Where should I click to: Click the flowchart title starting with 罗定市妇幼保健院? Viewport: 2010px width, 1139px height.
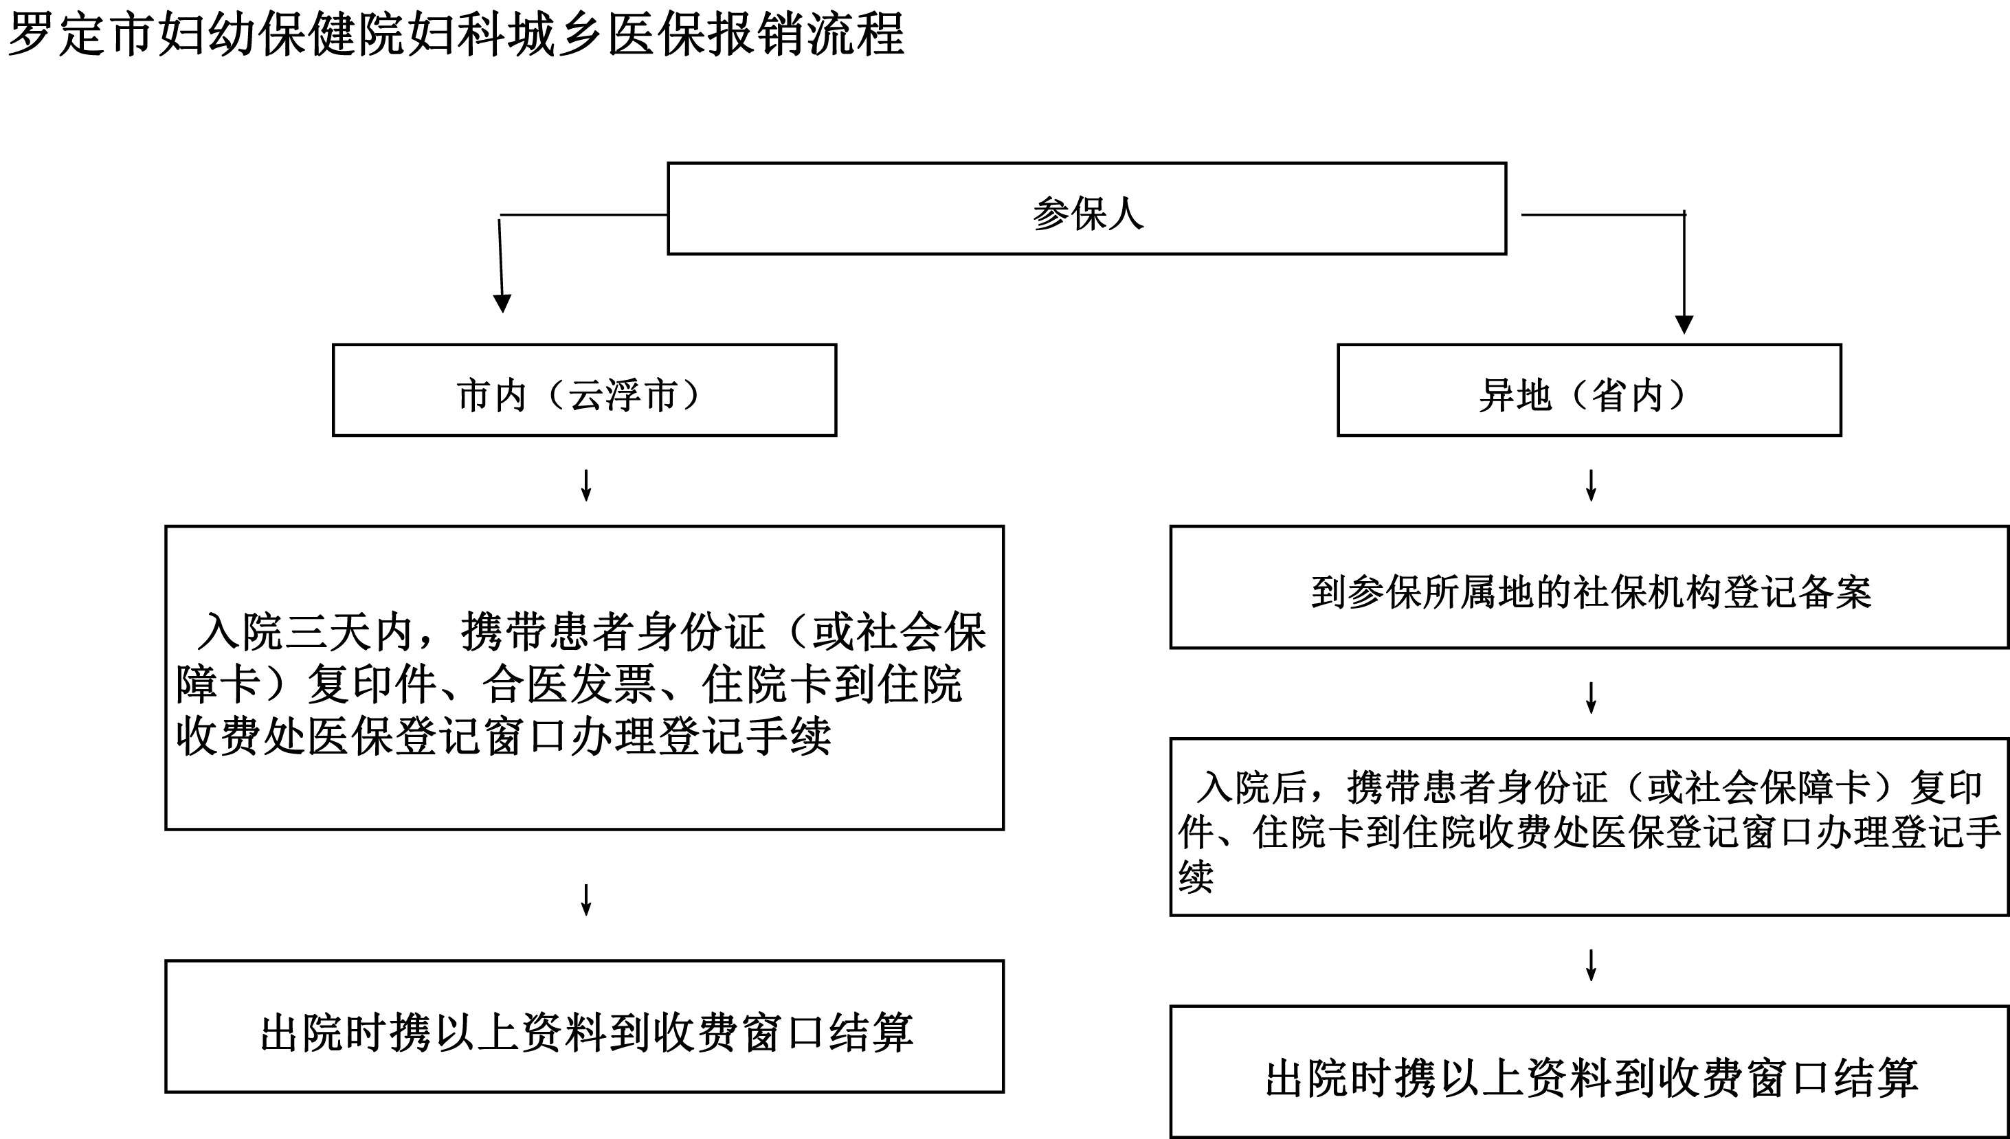pyautogui.click(x=456, y=34)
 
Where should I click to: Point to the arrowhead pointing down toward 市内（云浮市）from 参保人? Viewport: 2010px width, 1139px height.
pyautogui.click(x=502, y=304)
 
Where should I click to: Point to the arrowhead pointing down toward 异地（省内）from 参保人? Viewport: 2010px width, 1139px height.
pyautogui.click(x=1684, y=325)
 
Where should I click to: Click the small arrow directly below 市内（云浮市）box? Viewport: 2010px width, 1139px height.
pyautogui.click(x=586, y=485)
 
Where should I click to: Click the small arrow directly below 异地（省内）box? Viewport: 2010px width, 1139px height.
pyautogui.click(x=1591, y=485)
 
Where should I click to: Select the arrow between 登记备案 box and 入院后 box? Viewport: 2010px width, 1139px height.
pyautogui.click(x=1591, y=698)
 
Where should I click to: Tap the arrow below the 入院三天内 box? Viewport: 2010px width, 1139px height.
pyautogui.click(x=586, y=900)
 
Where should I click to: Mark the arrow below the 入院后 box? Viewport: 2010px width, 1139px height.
pyautogui.click(x=1591, y=965)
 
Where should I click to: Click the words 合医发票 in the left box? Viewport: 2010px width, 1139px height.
pyautogui.click(x=569, y=684)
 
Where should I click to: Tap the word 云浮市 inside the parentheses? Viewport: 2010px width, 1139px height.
pyautogui.click(x=622, y=396)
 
